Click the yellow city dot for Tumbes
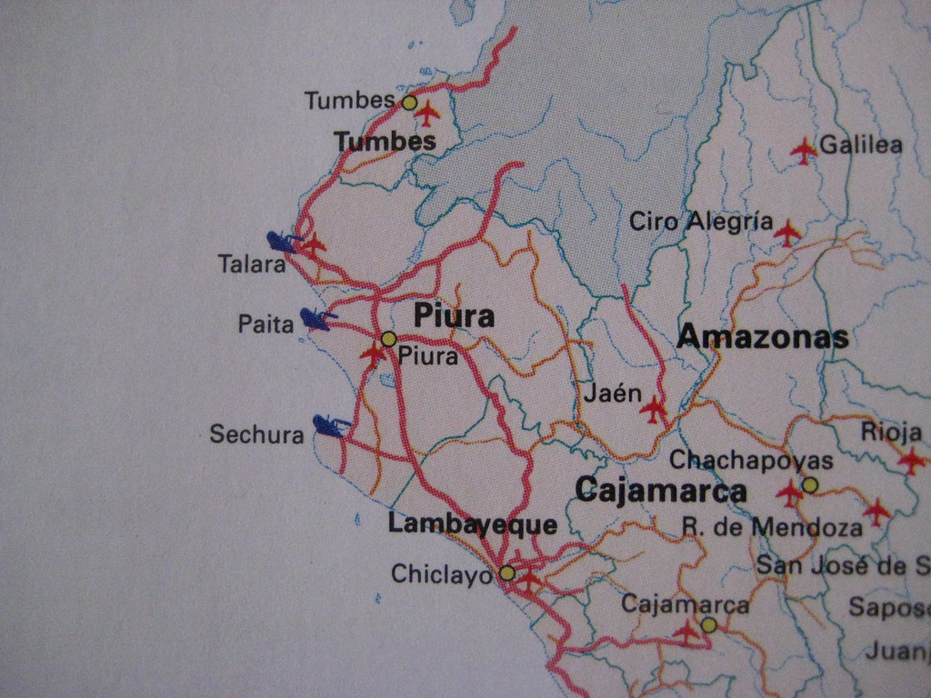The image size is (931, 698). coord(409,103)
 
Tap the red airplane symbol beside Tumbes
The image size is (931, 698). coord(426,115)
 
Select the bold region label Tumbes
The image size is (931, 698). coord(385,141)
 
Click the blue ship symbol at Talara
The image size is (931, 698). coord(283,242)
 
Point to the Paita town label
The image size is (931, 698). coord(265,324)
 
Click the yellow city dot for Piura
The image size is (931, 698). coord(388,339)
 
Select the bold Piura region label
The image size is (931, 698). coord(454,316)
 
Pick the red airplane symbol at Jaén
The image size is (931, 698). coord(653,410)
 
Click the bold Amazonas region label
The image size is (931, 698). coord(763,338)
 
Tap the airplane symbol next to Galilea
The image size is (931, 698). coord(804,150)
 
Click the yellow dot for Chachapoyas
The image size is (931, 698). coord(810,484)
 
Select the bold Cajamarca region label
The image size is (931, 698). coord(661,492)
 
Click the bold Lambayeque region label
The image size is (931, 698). coord(472,524)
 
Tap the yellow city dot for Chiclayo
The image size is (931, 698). coord(507,573)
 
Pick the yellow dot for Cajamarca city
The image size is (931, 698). coord(708,624)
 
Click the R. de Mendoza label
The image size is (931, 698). coord(772,527)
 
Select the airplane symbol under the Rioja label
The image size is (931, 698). coord(911,461)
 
